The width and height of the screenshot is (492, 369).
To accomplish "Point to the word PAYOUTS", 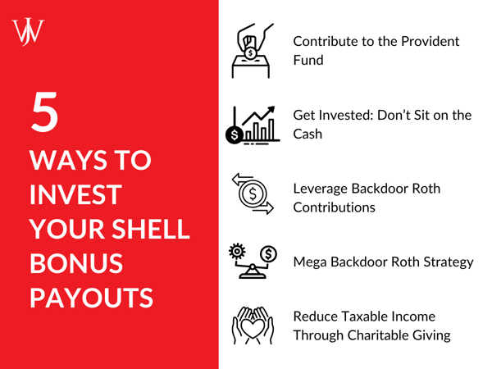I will [x=91, y=296].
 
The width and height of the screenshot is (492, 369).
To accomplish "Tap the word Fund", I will [x=309, y=60].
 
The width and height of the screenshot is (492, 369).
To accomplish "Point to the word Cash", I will [x=308, y=134].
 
